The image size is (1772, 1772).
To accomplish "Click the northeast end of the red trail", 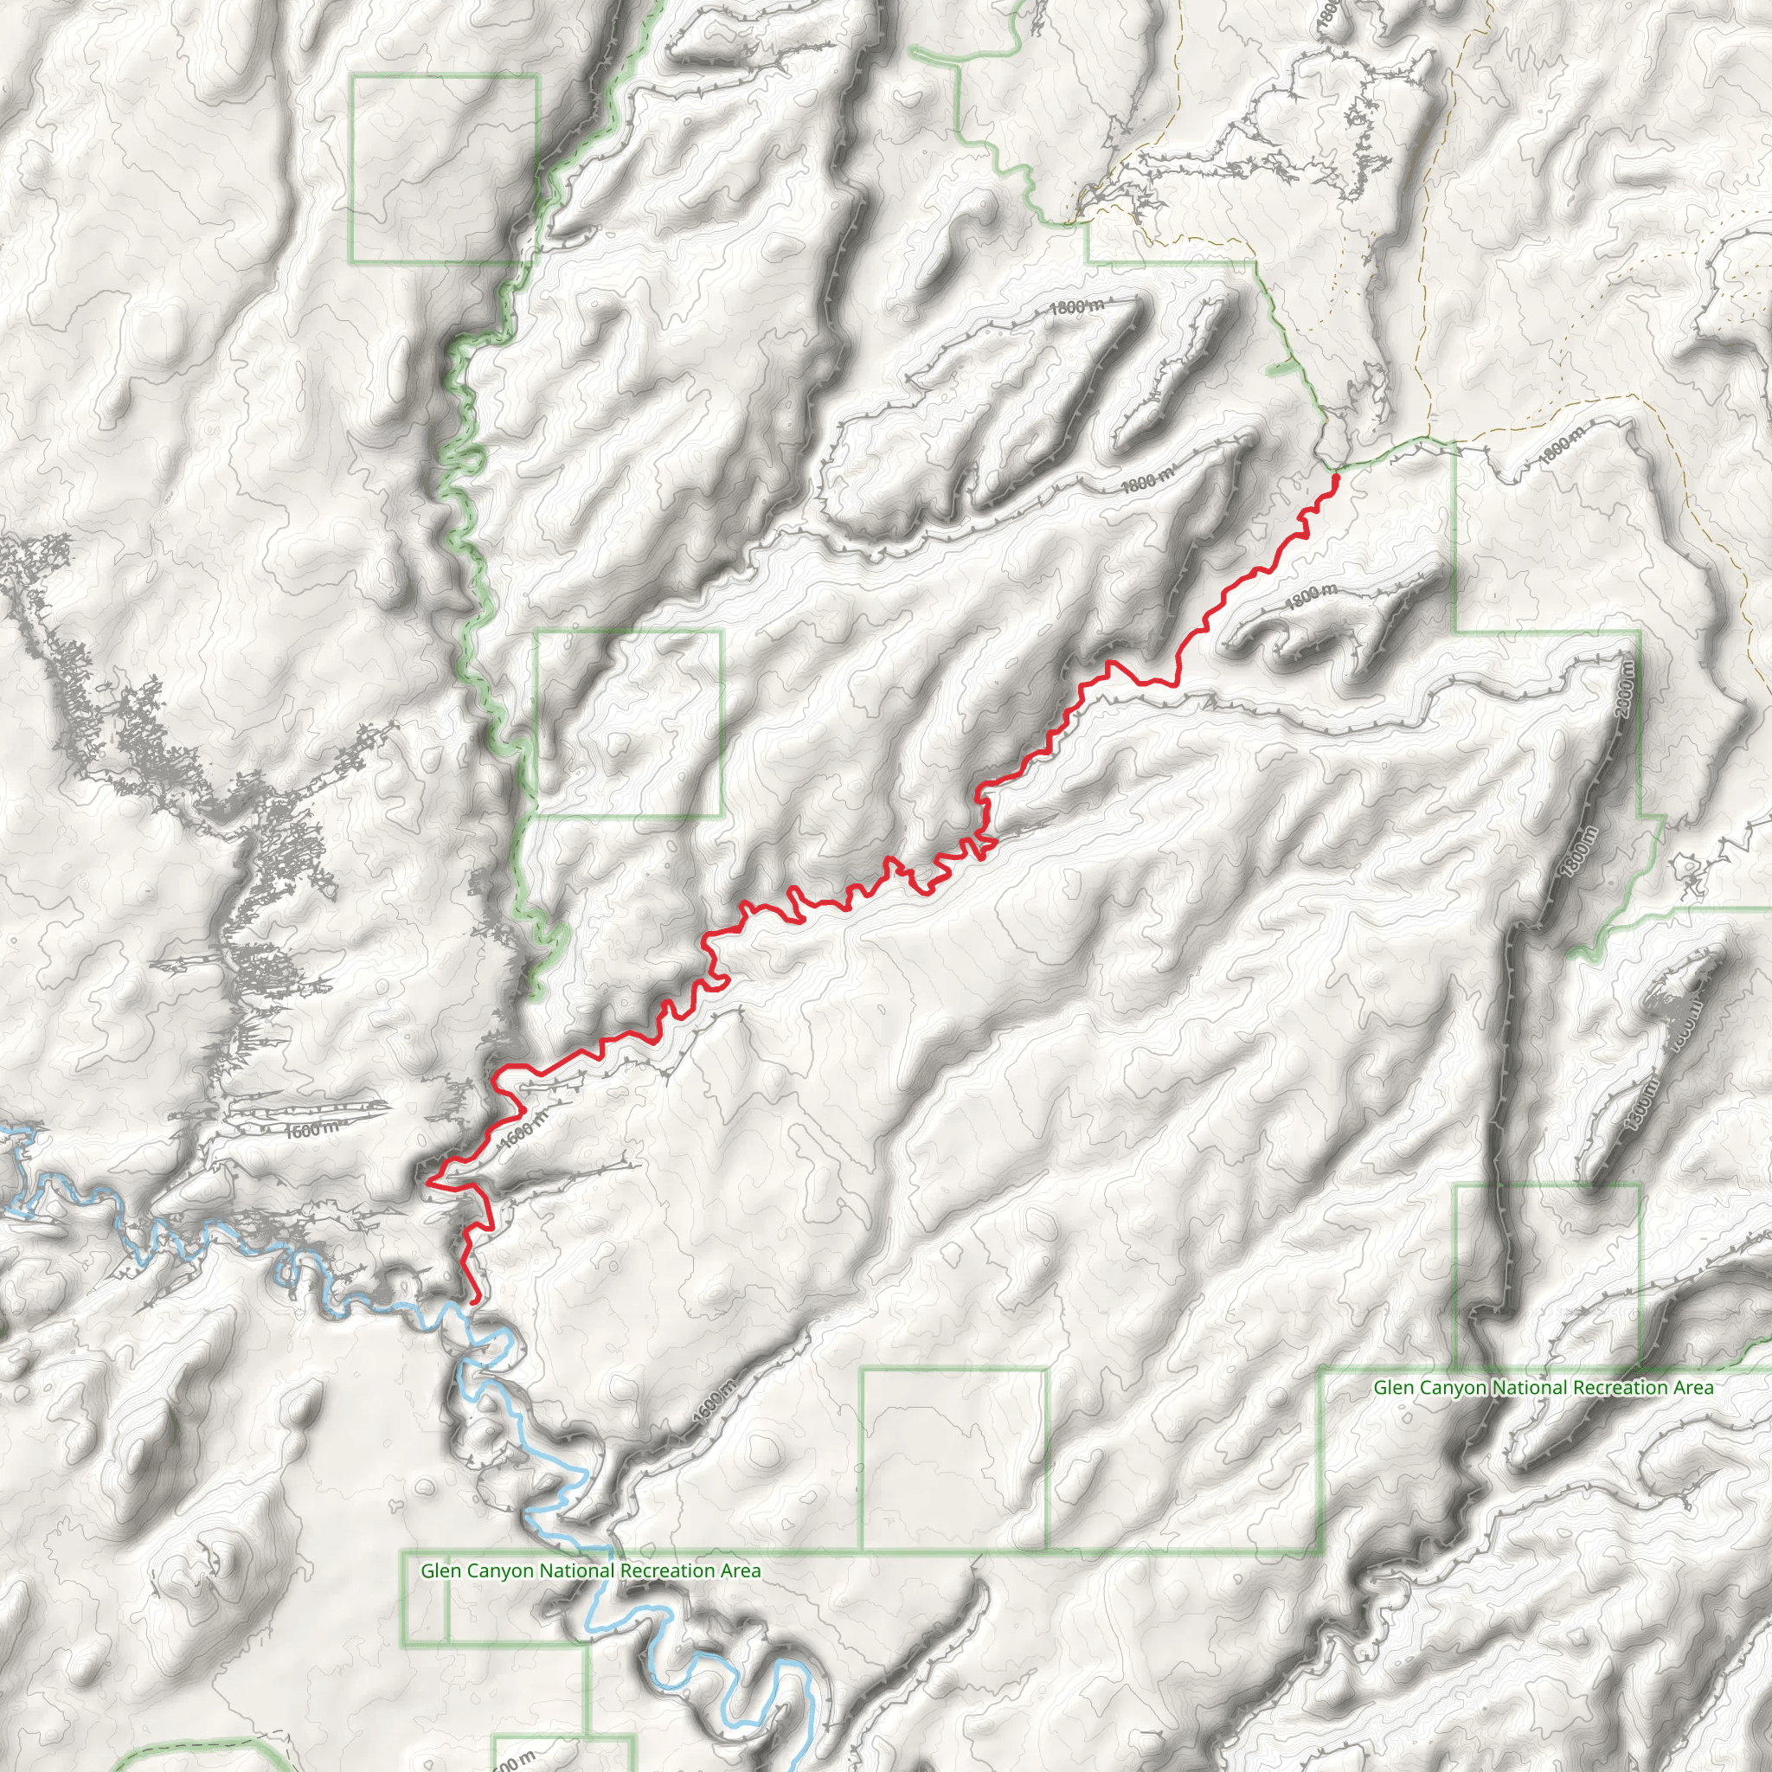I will [1336, 476].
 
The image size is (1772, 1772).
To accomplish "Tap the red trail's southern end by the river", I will [474, 1300].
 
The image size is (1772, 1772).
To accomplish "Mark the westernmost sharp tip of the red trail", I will [428, 1181].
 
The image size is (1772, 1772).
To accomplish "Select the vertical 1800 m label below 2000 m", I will [1582, 853].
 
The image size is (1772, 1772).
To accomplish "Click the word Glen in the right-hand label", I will [1393, 1388].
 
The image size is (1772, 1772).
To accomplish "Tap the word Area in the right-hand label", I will [1692, 1388].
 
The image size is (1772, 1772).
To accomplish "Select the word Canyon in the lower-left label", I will [501, 1571].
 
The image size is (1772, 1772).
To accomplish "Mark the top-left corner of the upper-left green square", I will [352, 77].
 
